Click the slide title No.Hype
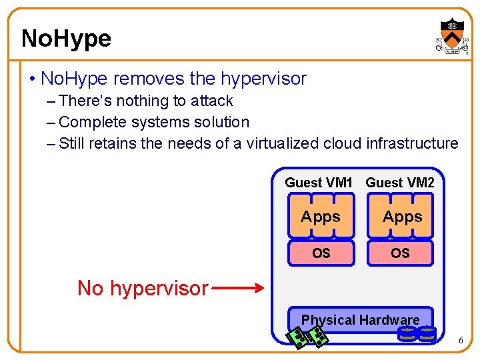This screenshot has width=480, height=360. point(66,39)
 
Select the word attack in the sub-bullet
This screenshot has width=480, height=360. point(211,101)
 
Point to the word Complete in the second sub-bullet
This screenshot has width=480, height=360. point(89,123)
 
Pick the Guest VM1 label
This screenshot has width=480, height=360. point(318,183)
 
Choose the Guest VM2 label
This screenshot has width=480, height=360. point(400,183)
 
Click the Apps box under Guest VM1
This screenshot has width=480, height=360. point(321,217)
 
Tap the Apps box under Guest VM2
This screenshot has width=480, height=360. point(402,217)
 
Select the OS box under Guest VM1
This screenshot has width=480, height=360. point(321,253)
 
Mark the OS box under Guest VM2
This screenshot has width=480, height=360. point(401,253)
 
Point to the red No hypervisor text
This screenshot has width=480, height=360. point(143,289)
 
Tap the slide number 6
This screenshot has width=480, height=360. point(460,341)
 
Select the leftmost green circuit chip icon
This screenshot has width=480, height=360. point(298,337)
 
